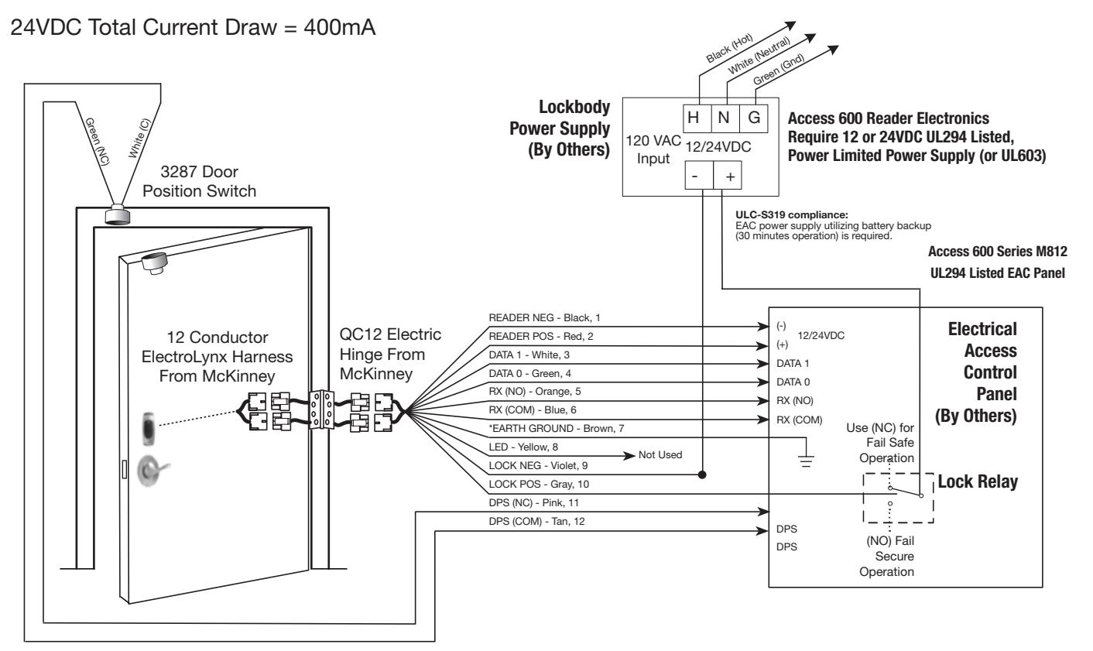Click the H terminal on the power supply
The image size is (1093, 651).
[697, 118]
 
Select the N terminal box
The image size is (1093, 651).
[725, 118]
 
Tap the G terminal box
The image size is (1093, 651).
[754, 118]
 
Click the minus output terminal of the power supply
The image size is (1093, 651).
[699, 176]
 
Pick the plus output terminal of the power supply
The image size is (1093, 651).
[728, 176]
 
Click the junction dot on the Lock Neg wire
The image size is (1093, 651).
[702, 475]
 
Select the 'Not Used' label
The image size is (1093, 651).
[660, 455]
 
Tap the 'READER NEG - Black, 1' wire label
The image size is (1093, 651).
[544, 317]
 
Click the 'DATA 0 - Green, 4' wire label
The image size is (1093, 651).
[530, 373]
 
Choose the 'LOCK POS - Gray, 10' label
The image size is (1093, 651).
[539, 484]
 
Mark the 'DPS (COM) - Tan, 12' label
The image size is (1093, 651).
[536, 521]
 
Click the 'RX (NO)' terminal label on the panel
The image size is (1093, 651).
[795, 401]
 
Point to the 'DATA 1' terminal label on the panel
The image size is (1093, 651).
[793, 364]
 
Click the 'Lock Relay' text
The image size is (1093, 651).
[978, 481]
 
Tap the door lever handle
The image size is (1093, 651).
[152, 471]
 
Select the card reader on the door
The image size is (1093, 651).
[149, 430]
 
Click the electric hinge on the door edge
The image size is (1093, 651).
[321, 409]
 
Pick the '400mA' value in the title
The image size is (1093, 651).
[340, 27]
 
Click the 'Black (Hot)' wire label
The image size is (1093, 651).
[729, 48]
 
